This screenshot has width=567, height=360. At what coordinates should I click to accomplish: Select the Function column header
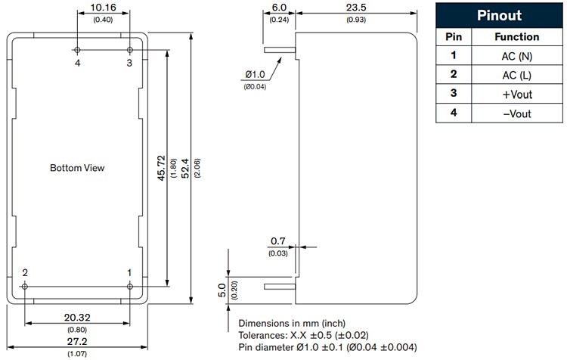(x=516, y=36)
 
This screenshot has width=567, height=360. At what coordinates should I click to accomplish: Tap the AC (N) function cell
(x=516, y=56)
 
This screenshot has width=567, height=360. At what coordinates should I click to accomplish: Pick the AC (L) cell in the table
(x=516, y=74)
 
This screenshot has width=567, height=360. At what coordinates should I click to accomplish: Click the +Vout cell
(x=516, y=93)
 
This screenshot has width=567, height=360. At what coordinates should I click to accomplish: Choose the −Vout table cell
(x=516, y=113)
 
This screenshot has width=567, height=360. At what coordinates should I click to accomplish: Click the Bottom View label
(x=77, y=167)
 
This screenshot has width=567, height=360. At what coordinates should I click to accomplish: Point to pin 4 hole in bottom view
(x=78, y=50)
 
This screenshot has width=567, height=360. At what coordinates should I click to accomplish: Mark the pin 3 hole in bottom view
(x=129, y=50)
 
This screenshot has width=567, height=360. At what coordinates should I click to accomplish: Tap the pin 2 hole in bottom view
(x=26, y=286)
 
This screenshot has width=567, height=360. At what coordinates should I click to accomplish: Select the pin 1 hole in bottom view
(x=129, y=286)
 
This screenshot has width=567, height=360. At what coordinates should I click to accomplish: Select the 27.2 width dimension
(x=77, y=343)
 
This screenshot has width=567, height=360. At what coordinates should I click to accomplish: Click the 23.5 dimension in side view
(x=354, y=9)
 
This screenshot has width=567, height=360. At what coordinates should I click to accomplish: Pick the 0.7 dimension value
(x=277, y=241)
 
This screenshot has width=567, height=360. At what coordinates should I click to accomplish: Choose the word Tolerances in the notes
(x=265, y=336)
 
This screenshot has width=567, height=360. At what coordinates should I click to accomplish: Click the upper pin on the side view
(x=278, y=51)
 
